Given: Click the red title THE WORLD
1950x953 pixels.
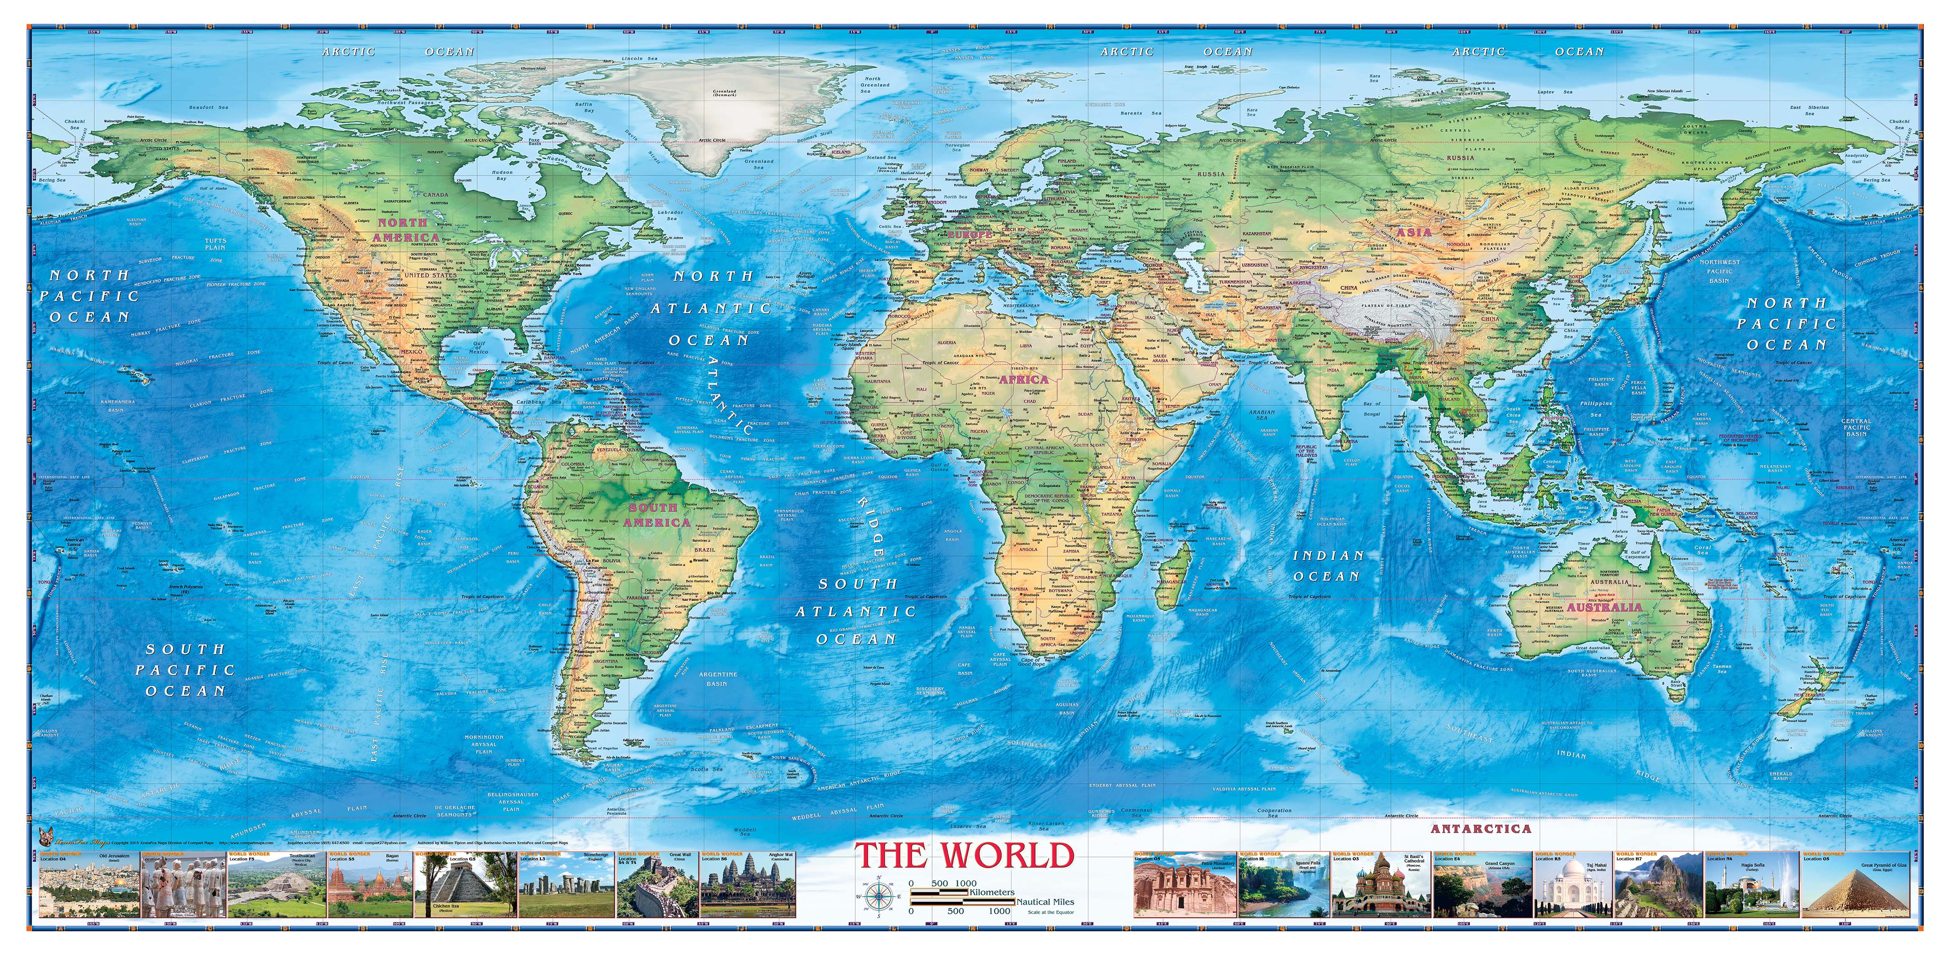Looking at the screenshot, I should click(965, 855).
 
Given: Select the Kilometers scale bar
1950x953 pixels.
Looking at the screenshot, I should click(939, 893).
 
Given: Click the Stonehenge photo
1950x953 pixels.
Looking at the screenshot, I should click(566, 887).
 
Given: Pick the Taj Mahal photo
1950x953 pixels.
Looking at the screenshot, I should click(1572, 887).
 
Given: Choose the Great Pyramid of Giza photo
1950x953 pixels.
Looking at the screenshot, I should click(1858, 887).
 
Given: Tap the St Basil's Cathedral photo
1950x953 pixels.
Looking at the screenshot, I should click(1380, 887).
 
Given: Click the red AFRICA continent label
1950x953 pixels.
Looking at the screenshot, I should click(1023, 379).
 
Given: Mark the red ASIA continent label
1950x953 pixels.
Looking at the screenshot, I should click(1413, 233).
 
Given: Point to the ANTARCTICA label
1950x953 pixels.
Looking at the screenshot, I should click(1481, 829).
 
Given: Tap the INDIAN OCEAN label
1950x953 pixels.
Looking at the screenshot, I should click(1328, 566).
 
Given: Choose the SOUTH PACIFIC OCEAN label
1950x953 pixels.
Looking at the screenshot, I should click(186, 670).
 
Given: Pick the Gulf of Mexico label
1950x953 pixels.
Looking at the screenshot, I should click(478, 348).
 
